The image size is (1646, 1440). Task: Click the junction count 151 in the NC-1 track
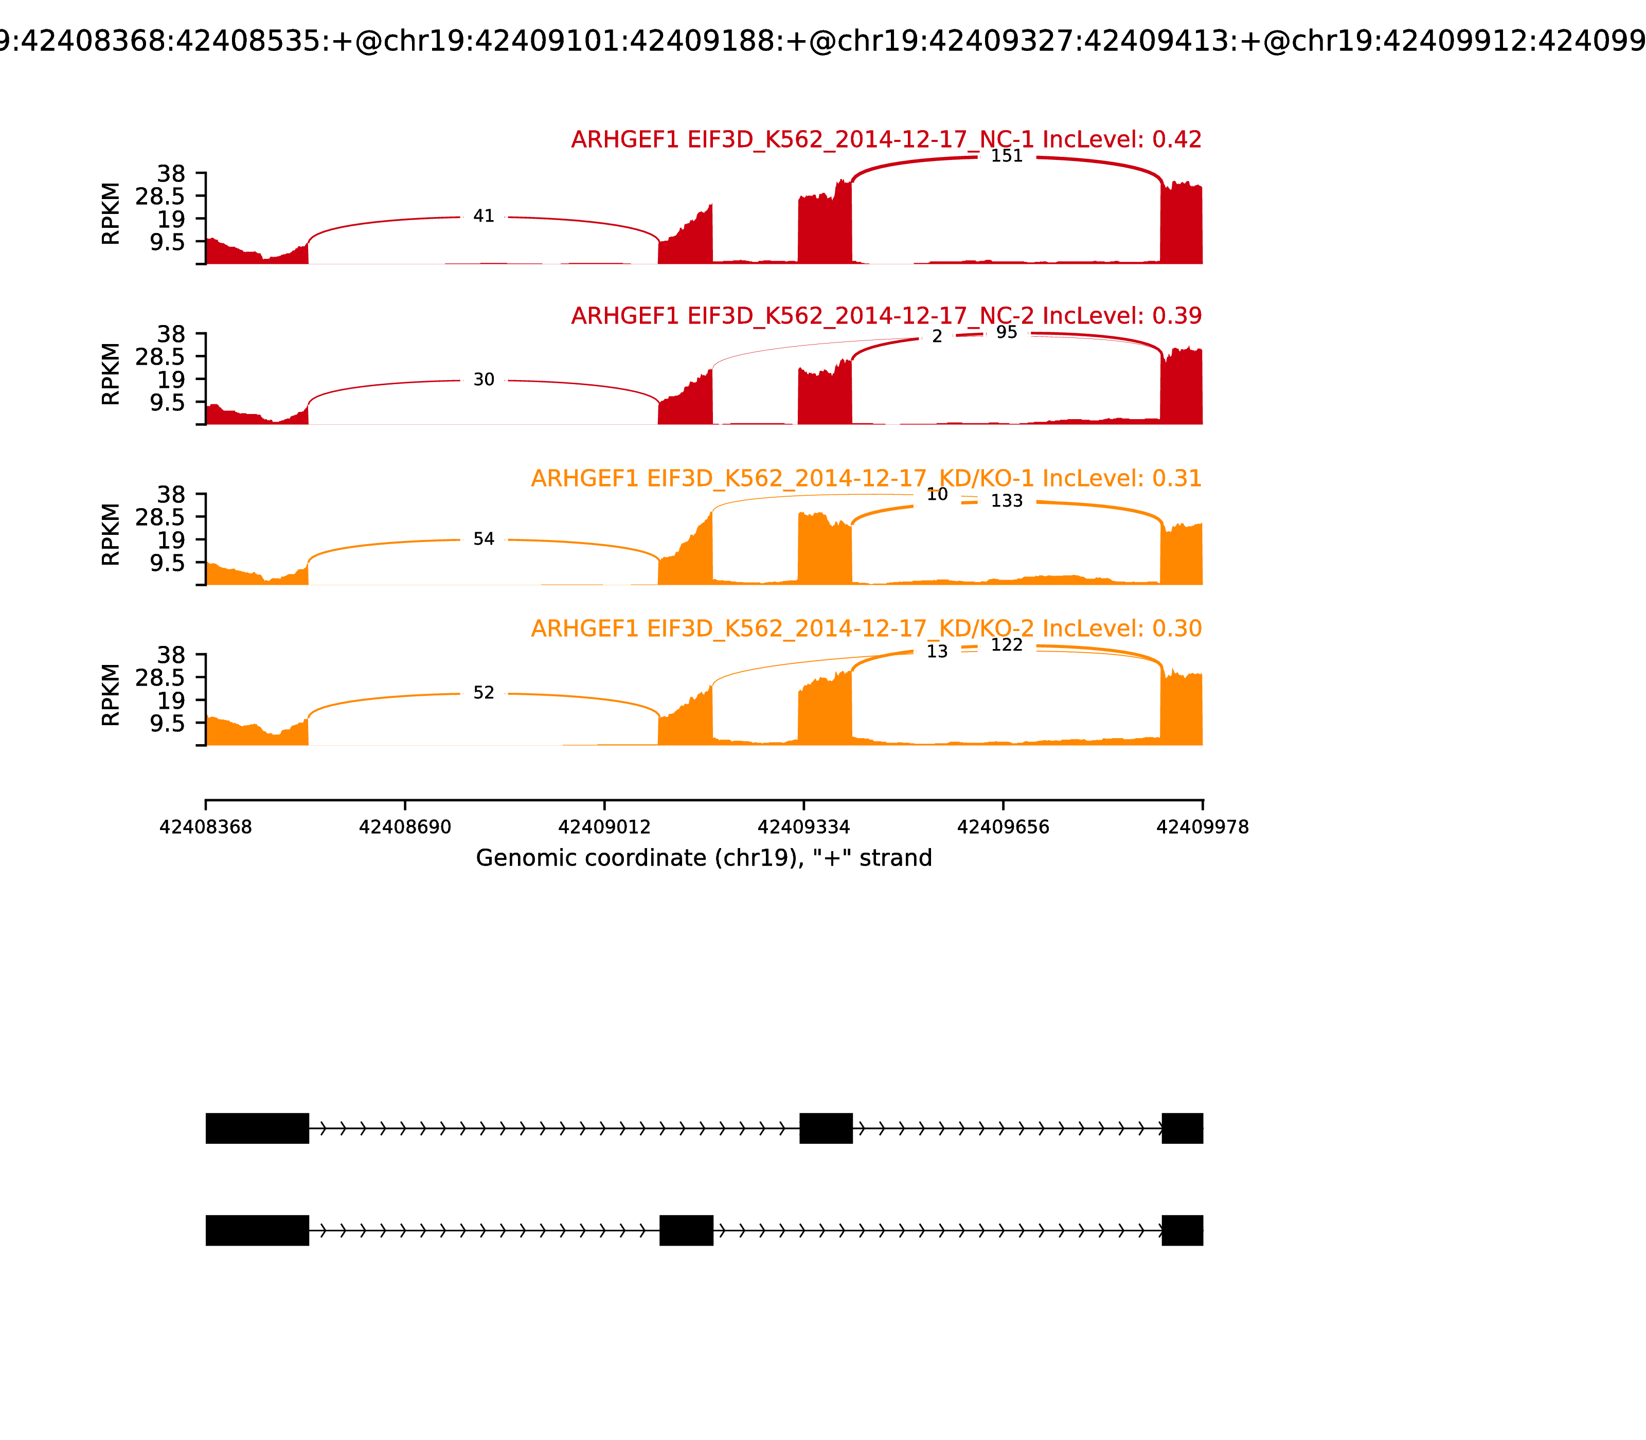point(1006,156)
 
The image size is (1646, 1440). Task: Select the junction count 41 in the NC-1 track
point(483,216)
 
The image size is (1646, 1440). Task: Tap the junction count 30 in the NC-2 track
point(483,380)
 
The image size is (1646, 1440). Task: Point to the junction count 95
point(1006,333)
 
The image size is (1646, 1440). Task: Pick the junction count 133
point(1006,501)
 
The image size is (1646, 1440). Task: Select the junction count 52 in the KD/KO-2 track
point(483,693)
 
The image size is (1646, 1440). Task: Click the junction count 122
point(1006,645)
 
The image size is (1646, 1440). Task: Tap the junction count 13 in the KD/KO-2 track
point(937,652)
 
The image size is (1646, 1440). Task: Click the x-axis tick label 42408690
point(405,827)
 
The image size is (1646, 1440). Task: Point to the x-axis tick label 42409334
point(803,827)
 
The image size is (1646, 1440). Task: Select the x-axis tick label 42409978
point(1203,827)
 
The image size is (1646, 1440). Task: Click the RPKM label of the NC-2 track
point(111,374)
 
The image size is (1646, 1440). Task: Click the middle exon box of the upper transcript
point(826,1128)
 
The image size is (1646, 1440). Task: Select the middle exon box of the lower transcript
point(686,1230)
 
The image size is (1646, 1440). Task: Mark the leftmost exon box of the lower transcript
point(257,1230)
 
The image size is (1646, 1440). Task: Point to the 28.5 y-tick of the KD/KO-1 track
point(160,517)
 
